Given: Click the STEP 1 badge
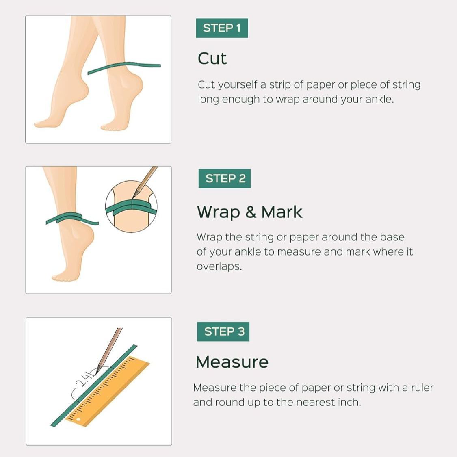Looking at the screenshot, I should point(222,28).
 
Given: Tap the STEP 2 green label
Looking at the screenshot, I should point(225,179).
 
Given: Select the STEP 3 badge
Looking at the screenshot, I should point(223,331).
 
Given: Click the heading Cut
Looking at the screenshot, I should point(212,58).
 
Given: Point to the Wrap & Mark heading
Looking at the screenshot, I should point(249,212).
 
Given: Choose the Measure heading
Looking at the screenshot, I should point(232,362).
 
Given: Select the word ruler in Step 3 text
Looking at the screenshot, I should point(422,388).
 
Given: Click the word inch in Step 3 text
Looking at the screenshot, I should point(349,403).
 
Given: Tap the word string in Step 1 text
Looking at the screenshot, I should point(406,85).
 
